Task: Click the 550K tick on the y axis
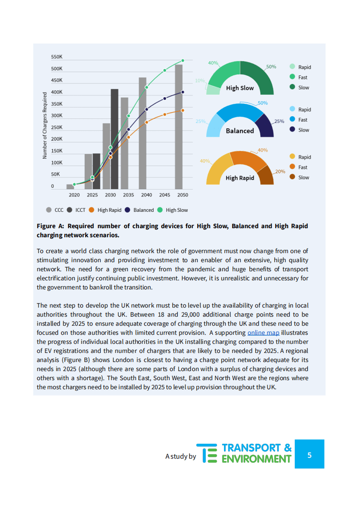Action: (57, 57)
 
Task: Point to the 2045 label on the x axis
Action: (165, 195)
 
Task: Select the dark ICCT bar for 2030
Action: (114, 139)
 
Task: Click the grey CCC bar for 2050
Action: (179, 127)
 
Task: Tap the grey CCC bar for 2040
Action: (142, 133)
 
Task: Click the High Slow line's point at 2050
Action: (183, 60)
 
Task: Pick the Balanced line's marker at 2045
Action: (165, 98)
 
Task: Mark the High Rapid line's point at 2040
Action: (146, 122)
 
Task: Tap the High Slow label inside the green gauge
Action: (240, 88)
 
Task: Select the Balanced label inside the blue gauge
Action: (240, 131)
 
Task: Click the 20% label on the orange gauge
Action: (280, 171)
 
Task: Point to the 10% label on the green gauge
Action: (199, 81)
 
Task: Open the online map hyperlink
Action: (263, 333)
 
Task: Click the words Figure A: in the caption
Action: (51, 226)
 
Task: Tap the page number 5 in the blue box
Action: (309, 455)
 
